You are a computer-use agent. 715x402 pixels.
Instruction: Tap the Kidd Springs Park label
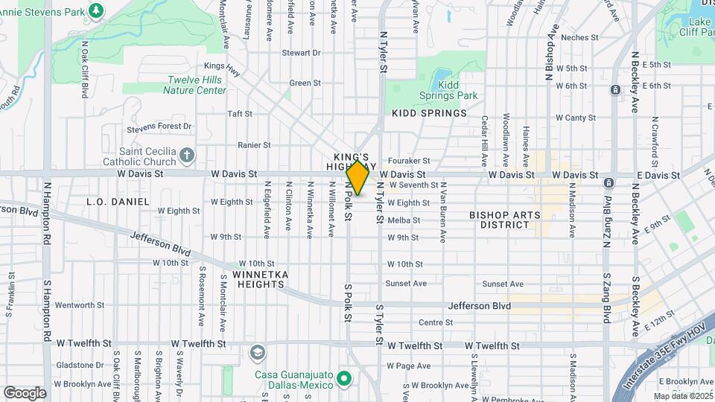457,90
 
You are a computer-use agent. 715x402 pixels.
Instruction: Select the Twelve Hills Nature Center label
196,85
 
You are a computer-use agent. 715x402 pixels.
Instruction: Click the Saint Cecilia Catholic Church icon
186,156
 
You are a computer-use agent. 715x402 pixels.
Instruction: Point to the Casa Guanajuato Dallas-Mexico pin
343,380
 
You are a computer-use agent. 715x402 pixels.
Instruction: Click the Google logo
25,392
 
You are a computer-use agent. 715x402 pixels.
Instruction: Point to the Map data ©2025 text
681,396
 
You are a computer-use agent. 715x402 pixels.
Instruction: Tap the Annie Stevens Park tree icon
95,10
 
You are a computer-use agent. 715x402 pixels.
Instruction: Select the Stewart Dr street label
301,53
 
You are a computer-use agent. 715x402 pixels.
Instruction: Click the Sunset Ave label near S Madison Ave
503,284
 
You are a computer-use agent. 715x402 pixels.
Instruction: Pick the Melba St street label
404,220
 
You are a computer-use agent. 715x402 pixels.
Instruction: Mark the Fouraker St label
415,160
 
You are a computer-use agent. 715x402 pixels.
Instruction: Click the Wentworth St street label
80,304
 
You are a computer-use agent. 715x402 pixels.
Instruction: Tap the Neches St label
580,37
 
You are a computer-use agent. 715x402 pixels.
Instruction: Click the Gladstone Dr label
79,365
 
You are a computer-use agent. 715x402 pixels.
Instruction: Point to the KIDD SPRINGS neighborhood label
429,113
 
